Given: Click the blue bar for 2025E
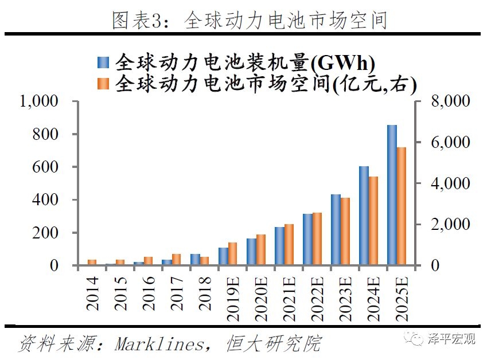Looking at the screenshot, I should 392,195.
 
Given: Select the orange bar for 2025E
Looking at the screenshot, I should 402,206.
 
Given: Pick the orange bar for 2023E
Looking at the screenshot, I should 345,232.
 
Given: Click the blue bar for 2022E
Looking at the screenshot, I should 307,240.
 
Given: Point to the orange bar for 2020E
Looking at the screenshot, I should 261,250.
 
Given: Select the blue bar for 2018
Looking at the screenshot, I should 195,260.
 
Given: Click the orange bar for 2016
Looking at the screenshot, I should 148,261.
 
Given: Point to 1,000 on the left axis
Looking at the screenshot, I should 39,101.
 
